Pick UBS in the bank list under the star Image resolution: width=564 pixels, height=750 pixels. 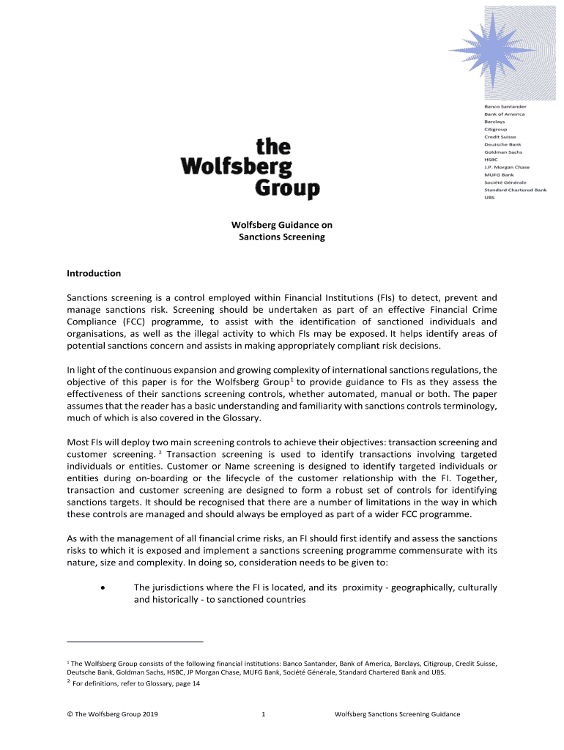pyautogui.click(x=489, y=198)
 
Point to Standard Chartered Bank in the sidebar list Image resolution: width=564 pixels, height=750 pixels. pyautogui.click(x=515, y=190)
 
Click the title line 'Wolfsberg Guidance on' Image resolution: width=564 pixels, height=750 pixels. pyautogui.click(x=282, y=225)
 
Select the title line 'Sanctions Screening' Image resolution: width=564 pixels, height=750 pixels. pyautogui.click(x=282, y=237)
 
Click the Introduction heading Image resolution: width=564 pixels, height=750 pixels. pyautogui.click(x=94, y=273)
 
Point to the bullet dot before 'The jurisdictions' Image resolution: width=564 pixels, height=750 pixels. pyautogui.click(x=106, y=587)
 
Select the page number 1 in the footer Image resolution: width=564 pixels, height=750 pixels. pyautogui.click(x=263, y=714)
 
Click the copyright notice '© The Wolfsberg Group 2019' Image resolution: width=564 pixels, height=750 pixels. pyautogui.click(x=111, y=714)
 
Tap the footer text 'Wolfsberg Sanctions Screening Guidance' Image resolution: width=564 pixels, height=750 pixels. pyautogui.click(x=397, y=714)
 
